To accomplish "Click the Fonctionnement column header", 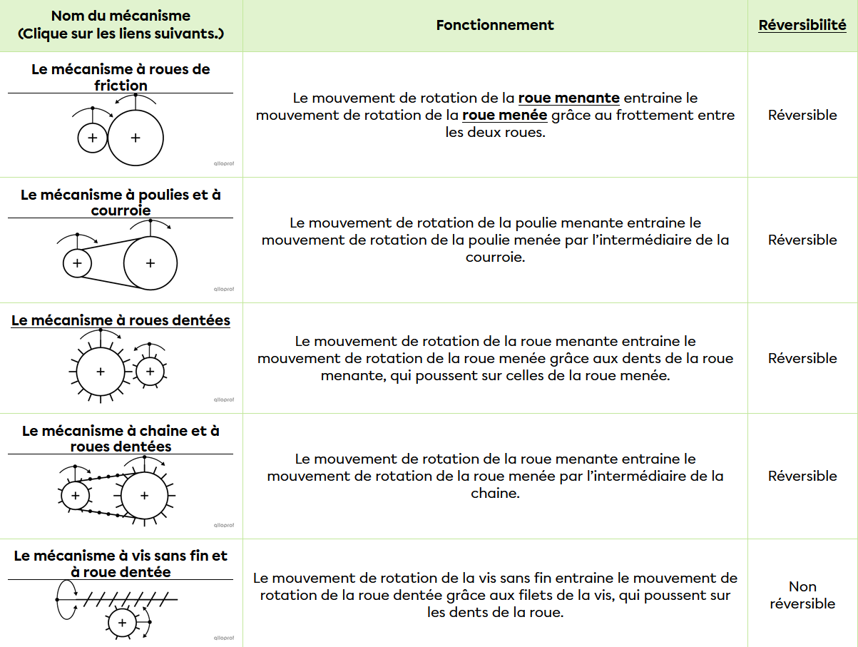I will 495,25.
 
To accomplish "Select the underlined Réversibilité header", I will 802,25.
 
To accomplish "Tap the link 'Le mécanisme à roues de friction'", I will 121,77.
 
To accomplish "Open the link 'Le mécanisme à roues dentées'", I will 121,320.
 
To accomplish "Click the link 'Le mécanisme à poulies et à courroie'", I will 121,203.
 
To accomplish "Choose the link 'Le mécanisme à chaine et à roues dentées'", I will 121,439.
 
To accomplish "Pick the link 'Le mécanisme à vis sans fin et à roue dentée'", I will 121,564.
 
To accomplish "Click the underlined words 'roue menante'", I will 568,98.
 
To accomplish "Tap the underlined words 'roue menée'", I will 505,115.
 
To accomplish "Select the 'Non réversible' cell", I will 802,595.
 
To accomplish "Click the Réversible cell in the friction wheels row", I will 802,115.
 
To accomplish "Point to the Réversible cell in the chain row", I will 802,476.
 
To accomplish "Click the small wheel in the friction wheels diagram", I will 92,137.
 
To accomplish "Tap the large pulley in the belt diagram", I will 150,263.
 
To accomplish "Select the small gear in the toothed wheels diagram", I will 149,371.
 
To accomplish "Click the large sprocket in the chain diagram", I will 145,495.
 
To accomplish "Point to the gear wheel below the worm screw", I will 122,623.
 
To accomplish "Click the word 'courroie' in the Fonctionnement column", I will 495,257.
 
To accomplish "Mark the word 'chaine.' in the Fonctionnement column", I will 495,493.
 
